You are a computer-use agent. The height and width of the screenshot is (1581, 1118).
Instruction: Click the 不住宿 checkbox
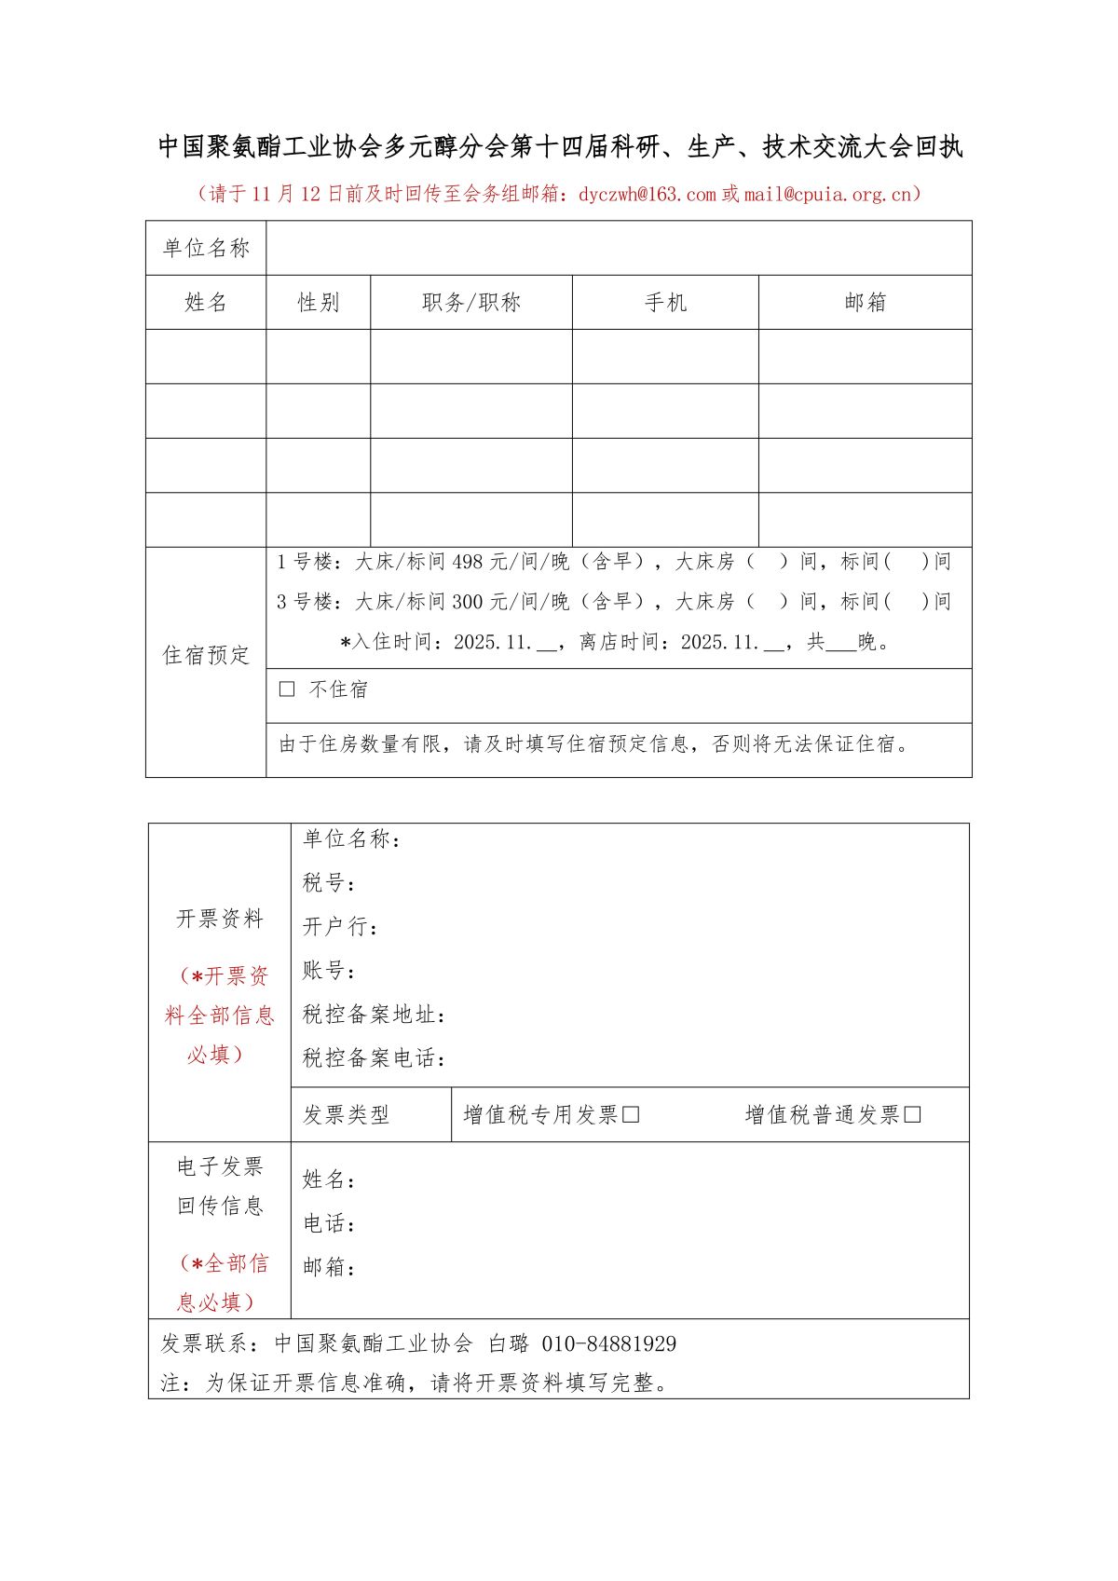[287, 689]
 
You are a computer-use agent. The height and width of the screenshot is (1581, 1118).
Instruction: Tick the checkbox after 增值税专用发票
[631, 1114]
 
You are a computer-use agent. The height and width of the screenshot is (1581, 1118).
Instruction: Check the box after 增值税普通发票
[912, 1114]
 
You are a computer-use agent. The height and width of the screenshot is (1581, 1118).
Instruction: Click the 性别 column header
[318, 302]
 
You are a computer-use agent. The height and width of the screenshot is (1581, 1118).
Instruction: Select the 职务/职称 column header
[470, 302]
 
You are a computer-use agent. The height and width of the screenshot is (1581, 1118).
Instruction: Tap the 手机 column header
[665, 302]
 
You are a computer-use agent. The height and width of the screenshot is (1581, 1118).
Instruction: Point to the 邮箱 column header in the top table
[865, 302]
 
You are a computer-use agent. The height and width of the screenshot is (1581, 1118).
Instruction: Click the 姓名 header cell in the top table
[206, 302]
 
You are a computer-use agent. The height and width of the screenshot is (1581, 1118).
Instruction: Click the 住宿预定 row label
[206, 655]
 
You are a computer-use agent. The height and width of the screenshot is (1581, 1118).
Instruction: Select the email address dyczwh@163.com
[648, 194]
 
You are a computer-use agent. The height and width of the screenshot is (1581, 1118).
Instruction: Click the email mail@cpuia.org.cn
[827, 194]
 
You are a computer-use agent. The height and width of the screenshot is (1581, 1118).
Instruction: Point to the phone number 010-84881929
[609, 1343]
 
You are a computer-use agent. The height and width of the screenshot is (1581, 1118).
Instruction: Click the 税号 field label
[328, 882]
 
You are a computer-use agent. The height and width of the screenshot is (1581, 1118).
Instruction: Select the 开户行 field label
[340, 926]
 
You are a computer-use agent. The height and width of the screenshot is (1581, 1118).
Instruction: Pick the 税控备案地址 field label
[374, 1015]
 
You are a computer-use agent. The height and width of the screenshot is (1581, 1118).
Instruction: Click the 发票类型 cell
[346, 1114]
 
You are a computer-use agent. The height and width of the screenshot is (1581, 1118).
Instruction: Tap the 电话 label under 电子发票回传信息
[328, 1223]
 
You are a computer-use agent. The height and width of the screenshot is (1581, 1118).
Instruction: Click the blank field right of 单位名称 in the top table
[619, 248]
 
